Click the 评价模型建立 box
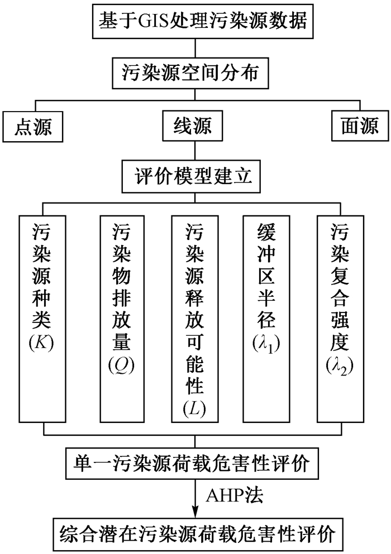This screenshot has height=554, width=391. click(x=194, y=177)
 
